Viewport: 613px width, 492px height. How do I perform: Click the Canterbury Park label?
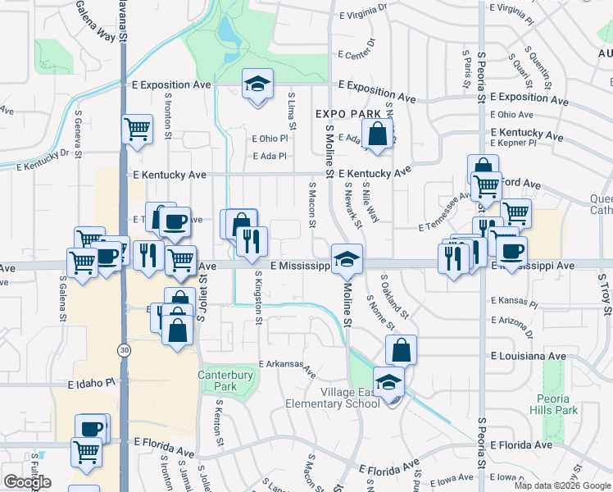coord(217,380)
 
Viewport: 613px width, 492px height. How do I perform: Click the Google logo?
coord(27,482)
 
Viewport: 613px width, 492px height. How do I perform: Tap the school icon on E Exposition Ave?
coord(257,84)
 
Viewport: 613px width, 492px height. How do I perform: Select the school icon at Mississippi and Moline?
coord(347,261)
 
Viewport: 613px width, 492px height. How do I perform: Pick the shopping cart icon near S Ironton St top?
coord(137,130)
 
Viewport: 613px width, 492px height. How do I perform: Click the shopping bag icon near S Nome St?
coord(401,350)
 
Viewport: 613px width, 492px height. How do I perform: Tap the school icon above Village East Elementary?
coord(388,382)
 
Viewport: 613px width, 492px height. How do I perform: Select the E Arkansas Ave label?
coord(288,367)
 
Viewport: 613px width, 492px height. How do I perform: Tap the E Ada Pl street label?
coord(270,156)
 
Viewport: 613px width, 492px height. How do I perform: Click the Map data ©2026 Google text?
coord(561,485)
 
